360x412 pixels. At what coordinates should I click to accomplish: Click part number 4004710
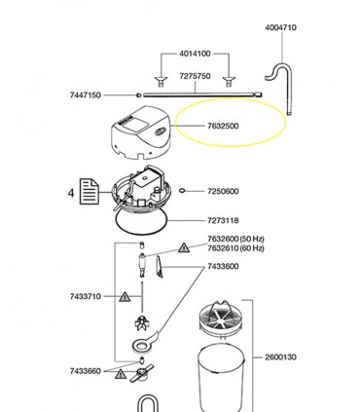[x=280, y=27]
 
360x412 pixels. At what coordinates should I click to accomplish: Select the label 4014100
[x=195, y=54]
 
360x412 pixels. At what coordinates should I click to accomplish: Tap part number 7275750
[x=195, y=76]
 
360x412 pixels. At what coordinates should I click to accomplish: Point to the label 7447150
[x=86, y=95]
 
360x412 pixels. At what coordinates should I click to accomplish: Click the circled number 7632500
[x=223, y=126]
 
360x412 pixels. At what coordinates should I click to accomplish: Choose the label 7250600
[x=223, y=191]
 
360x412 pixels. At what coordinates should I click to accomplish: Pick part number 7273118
[x=223, y=220]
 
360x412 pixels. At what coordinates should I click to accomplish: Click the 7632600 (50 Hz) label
[x=235, y=239]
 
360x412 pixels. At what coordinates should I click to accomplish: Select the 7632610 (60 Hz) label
[x=235, y=248]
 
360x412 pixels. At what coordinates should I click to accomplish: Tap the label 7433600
[x=223, y=267]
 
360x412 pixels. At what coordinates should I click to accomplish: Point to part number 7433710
[x=86, y=296]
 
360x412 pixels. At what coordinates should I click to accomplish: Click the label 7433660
[x=86, y=371]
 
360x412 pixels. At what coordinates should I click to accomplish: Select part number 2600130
[x=280, y=357]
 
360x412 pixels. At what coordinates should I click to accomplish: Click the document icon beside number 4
[x=90, y=192]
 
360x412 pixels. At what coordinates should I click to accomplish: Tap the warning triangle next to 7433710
[x=125, y=297]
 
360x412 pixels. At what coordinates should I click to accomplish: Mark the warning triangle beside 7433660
[x=121, y=374]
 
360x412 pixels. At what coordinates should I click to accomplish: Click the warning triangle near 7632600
[x=184, y=247]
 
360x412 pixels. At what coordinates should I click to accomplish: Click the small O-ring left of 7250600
[x=182, y=191]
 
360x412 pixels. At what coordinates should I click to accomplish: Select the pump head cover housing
[x=140, y=132]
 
